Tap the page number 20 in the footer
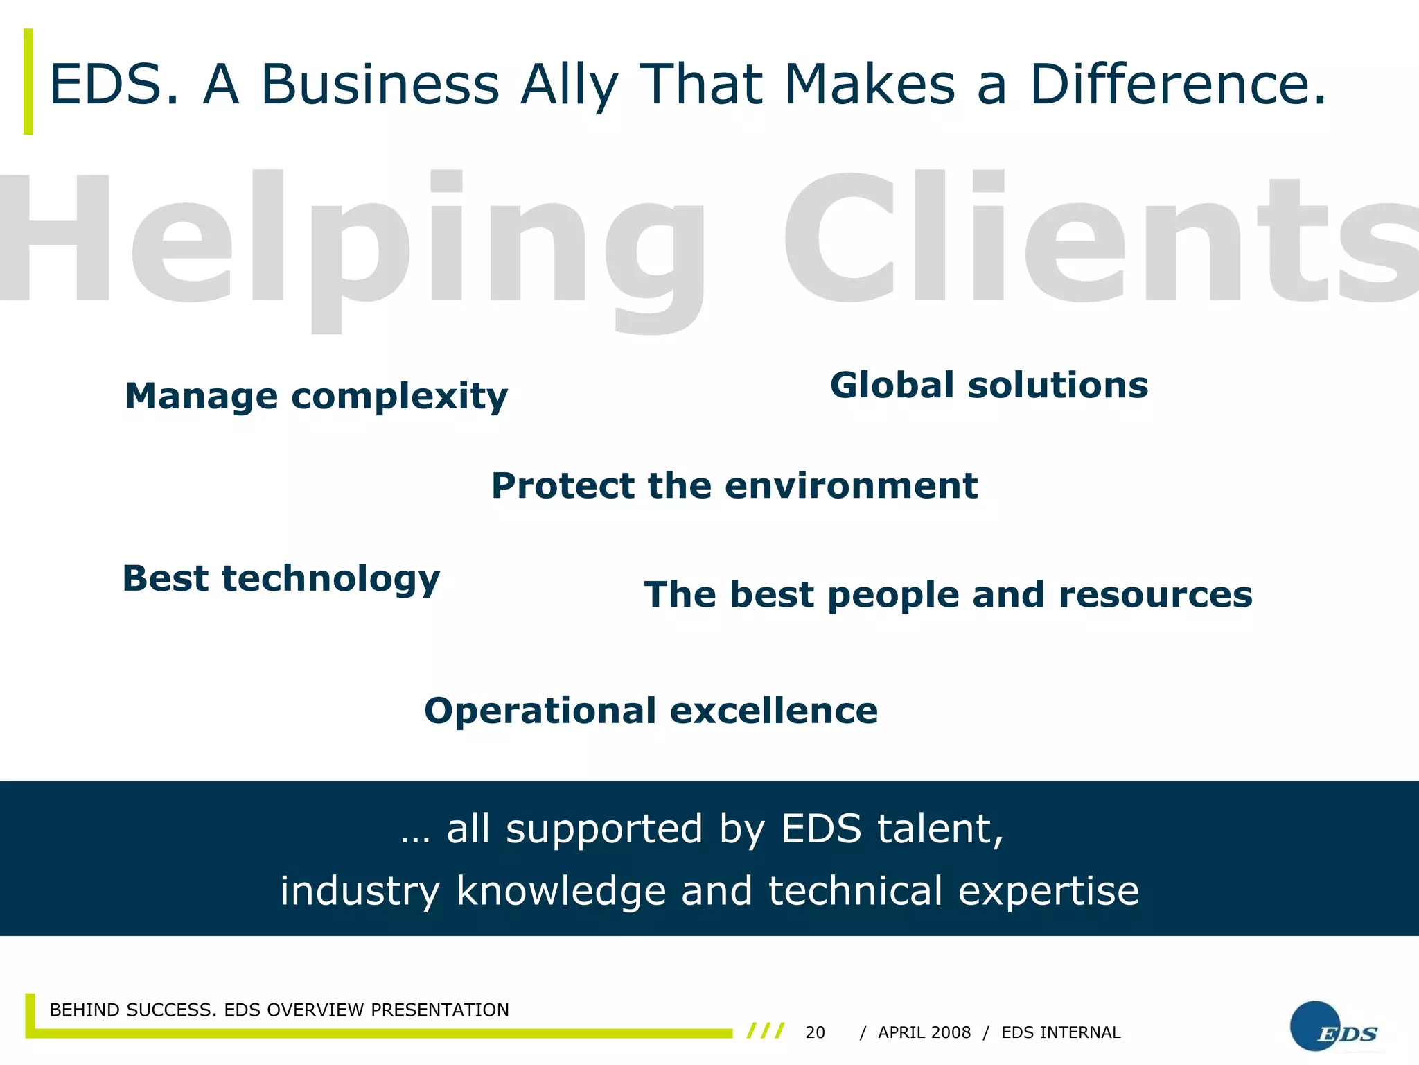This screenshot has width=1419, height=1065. coord(815,1032)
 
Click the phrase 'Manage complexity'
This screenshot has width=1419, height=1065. coord(316,397)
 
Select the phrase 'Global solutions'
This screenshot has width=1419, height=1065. coord(989,386)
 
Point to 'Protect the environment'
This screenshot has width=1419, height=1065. coord(734,485)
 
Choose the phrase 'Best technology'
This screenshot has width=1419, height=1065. coord(281,579)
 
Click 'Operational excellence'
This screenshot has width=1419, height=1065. coord(651,711)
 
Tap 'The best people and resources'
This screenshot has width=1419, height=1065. coord(948,595)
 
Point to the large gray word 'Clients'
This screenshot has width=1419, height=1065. coord(1102,239)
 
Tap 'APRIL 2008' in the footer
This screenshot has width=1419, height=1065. coord(924,1032)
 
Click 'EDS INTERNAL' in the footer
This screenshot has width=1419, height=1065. coord(1061,1032)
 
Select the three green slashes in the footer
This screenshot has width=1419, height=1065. coord(766,1030)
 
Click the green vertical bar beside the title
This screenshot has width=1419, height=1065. coord(28,81)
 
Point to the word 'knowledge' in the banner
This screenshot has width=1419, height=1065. coord(561,892)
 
